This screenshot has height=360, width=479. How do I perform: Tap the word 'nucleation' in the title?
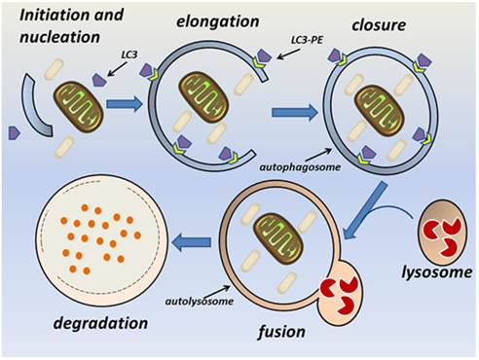coord(55,39)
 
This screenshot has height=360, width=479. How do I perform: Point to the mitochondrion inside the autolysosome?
coord(276,233)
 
